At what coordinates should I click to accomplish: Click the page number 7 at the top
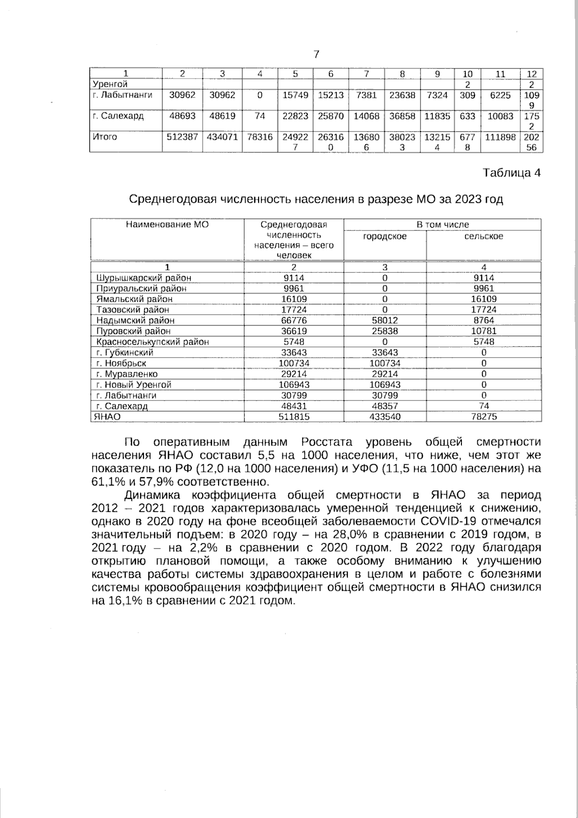tap(316, 54)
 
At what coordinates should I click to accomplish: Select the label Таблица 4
tap(512, 173)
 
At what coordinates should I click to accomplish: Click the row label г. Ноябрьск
tap(121, 363)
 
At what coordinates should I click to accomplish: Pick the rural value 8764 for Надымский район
tap(484, 321)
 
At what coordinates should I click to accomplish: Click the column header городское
tap(384, 236)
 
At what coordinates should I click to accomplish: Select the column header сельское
tap(484, 236)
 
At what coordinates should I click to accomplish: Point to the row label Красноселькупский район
tap(153, 342)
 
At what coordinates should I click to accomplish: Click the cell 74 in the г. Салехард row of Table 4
tap(484, 406)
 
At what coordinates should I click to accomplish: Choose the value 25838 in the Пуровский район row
tap(384, 331)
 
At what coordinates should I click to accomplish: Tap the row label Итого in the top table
tap(105, 137)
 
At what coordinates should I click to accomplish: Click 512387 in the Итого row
tap(182, 137)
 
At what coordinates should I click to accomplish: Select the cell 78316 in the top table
tap(259, 137)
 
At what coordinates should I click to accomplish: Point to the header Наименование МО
tap(167, 224)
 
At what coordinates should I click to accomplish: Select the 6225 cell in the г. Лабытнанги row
tap(500, 95)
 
